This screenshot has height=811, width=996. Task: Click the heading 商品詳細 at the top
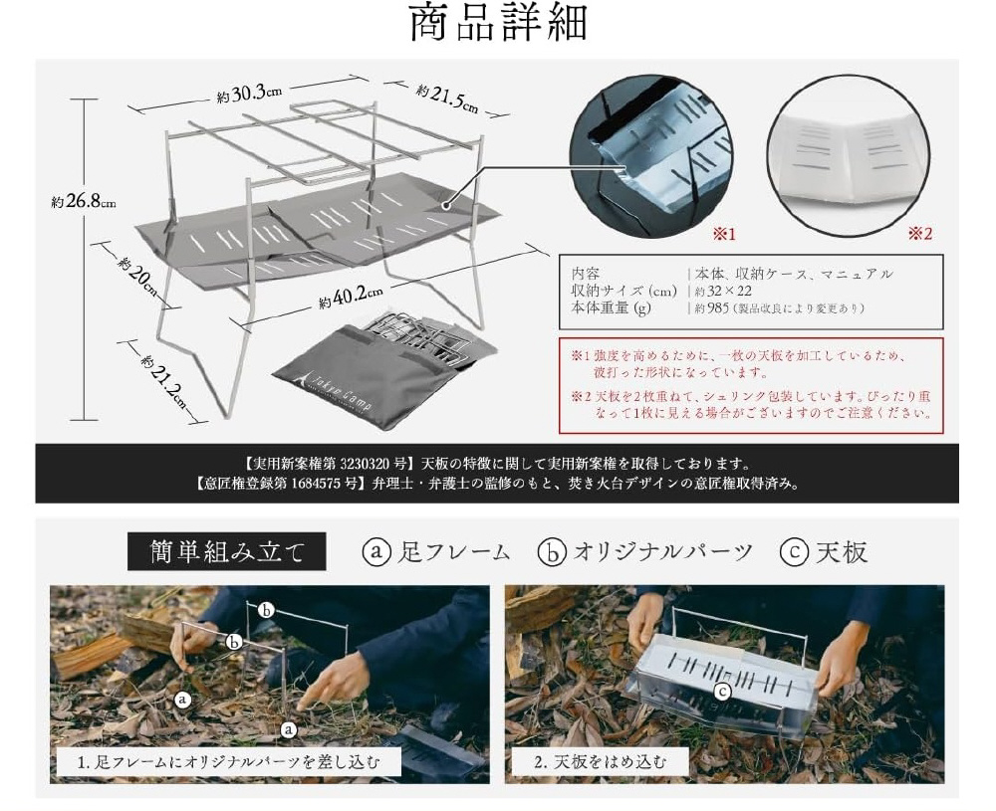[498, 23]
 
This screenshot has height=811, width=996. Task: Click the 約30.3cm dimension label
[249, 94]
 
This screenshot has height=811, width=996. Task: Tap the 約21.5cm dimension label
[447, 99]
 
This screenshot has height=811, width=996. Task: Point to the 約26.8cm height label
[84, 202]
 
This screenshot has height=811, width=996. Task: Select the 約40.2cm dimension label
[351, 297]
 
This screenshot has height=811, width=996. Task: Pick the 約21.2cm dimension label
[165, 383]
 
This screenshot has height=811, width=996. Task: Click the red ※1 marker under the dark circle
[723, 234]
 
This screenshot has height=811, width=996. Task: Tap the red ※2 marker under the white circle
[919, 234]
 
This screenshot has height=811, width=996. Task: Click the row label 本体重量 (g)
[612, 308]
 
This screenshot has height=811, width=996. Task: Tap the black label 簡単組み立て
[227, 551]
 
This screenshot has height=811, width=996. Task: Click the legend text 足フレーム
[453, 551]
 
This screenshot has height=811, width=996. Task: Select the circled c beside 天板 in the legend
[794, 552]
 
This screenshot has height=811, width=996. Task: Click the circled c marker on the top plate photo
[723, 692]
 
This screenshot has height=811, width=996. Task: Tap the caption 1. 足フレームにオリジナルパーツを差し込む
[229, 761]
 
